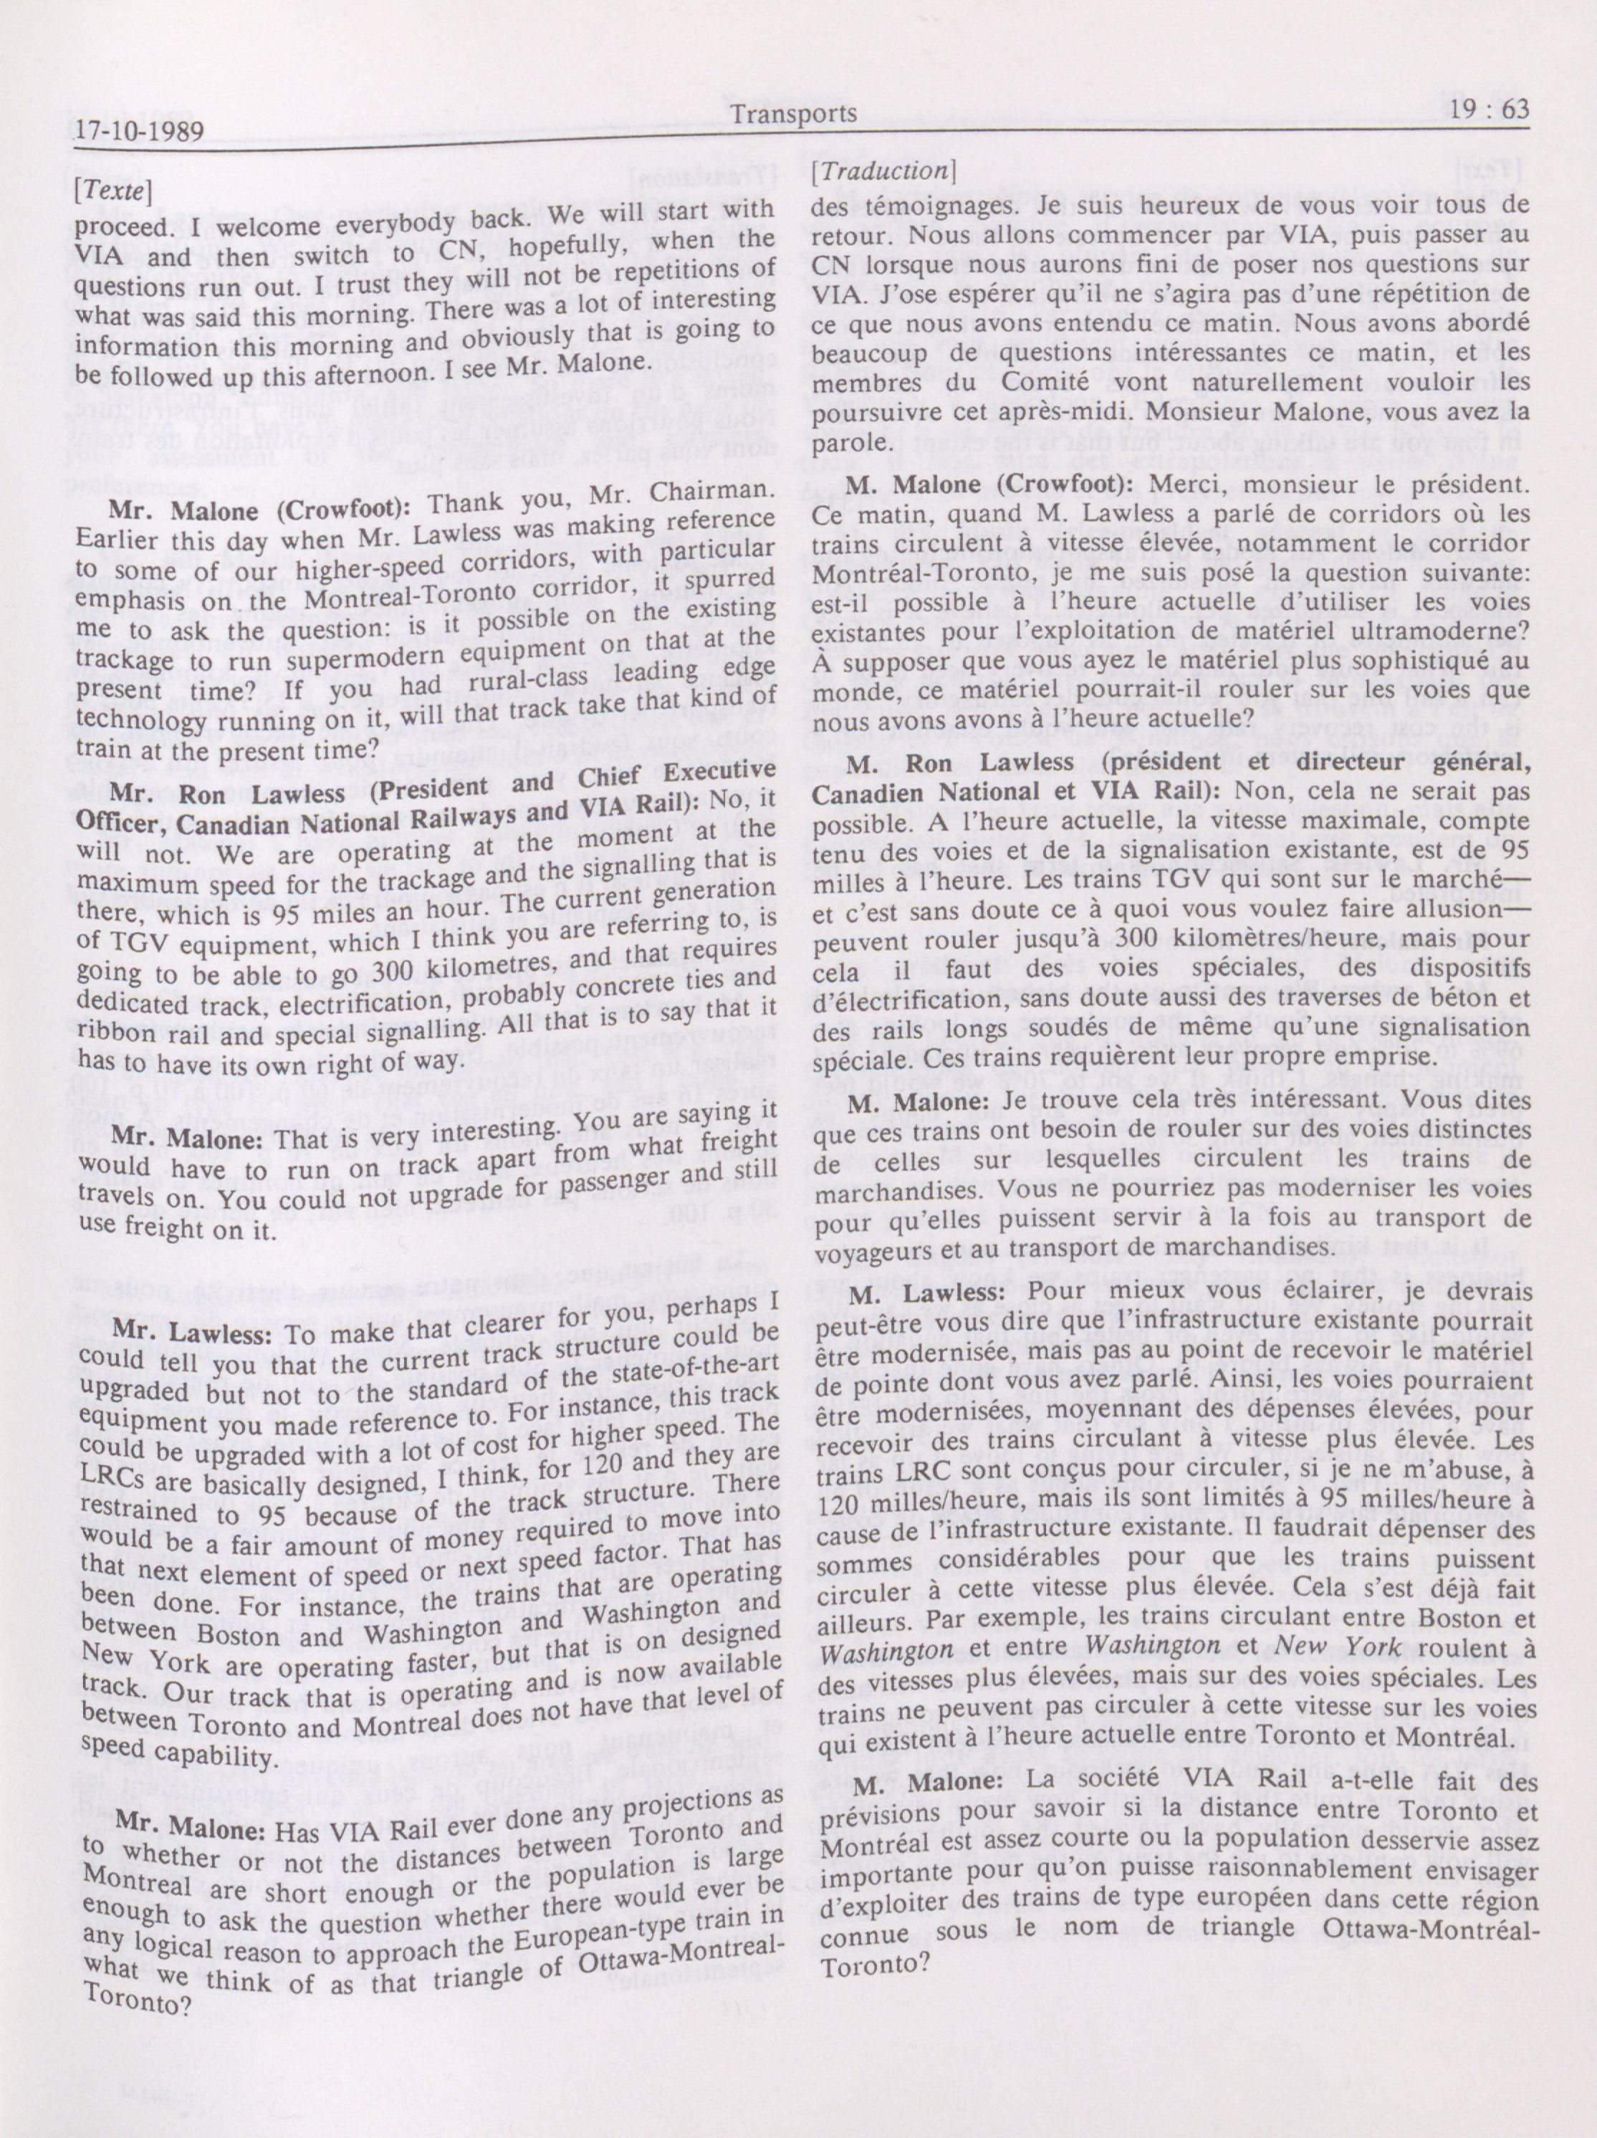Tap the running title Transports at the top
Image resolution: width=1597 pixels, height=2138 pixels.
[x=794, y=114]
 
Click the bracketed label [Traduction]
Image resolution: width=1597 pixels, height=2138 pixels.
[x=883, y=171]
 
